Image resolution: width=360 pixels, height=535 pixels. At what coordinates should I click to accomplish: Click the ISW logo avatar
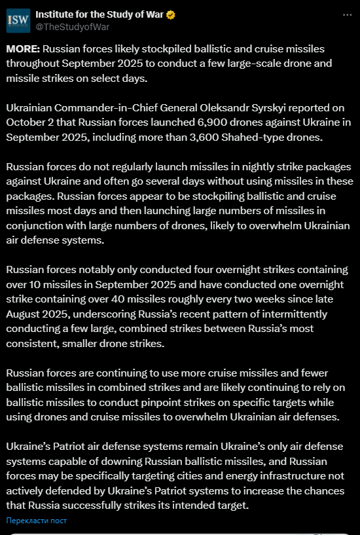click(x=18, y=20)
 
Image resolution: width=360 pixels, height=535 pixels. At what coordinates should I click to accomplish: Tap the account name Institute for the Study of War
click(x=98, y=14)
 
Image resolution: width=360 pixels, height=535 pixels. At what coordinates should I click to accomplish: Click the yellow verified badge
click(x=170, y=14)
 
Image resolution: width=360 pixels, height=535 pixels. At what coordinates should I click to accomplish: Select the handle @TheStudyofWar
click(x=72, y=27)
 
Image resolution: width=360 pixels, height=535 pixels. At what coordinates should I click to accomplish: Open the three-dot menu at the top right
click(x=347, y=14)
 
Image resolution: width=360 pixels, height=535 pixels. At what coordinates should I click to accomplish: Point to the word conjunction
click(x=35, y=226)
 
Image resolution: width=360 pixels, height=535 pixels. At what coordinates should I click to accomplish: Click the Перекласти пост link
click(x=36, y=521)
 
